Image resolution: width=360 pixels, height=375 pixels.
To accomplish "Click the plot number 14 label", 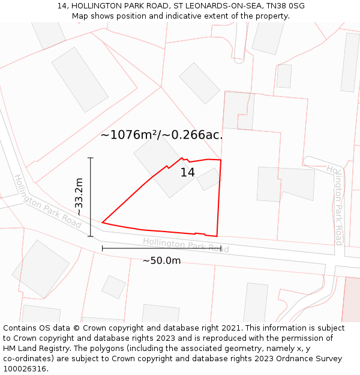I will click(188, 173).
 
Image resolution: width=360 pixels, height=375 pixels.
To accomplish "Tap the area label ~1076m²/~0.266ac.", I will click(161, 135).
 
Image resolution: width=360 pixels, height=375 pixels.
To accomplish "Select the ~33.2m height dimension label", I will click(79, 197).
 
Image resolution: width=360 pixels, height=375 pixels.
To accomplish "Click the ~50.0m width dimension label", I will click(161, 260).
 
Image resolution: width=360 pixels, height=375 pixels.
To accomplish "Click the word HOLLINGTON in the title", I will click(98, 6).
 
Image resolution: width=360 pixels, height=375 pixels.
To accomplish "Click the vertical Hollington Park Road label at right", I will click(338, 205).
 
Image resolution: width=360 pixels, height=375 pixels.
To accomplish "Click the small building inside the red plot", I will click(209, 179).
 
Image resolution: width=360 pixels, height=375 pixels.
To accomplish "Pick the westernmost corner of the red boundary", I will click(103, 223).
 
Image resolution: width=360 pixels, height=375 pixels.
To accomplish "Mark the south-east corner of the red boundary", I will click(217, 236).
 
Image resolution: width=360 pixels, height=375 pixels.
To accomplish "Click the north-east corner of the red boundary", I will click(221, 160).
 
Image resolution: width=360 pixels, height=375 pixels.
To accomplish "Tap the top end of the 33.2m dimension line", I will click(91, 158).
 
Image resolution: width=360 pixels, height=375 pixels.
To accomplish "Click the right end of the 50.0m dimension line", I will click(221, 248).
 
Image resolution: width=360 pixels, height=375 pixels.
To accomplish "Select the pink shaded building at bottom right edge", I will click(351, 300).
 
